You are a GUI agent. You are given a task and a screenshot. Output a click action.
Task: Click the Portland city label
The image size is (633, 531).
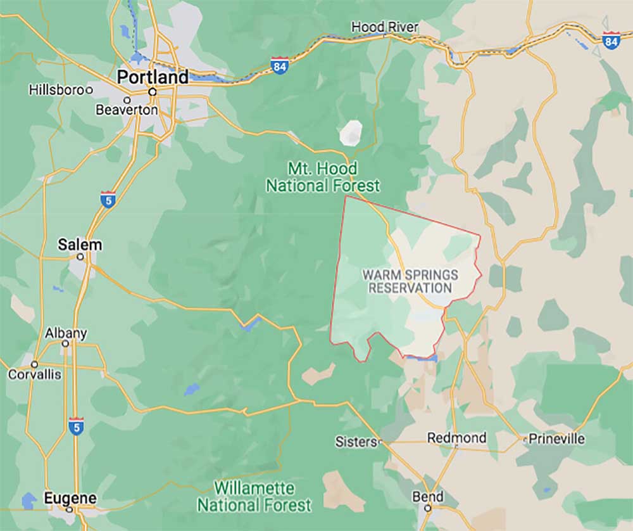(153, 77)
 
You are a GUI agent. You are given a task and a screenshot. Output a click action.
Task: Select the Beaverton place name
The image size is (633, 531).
(127, 110)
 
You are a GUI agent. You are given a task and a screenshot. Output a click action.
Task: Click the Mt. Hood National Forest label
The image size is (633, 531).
(323, 177)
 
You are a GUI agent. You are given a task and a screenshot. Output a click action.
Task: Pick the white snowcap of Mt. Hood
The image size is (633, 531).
(351, 132)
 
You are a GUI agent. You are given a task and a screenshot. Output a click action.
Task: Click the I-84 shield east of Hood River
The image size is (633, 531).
(611, 41)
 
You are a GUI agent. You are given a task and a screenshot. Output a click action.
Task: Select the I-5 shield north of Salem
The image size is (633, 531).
(108, 199)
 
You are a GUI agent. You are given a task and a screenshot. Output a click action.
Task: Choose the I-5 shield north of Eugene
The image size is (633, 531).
(76, 425)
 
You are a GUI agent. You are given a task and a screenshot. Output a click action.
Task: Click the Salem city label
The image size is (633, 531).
(80, 245)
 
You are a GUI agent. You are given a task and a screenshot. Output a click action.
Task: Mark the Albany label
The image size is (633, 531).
(66, 333)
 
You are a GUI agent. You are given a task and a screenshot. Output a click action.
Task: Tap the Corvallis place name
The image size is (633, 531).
(35, 374)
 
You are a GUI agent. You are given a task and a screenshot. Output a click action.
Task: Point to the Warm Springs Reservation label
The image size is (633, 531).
(410, 281)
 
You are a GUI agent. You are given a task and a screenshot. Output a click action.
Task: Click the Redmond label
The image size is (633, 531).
(456, 438)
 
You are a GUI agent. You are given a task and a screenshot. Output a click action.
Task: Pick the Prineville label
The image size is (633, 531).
(557, 438)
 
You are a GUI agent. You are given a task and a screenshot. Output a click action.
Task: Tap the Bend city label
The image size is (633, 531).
(428, 497)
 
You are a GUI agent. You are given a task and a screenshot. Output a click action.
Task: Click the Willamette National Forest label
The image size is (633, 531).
(254, 497)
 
